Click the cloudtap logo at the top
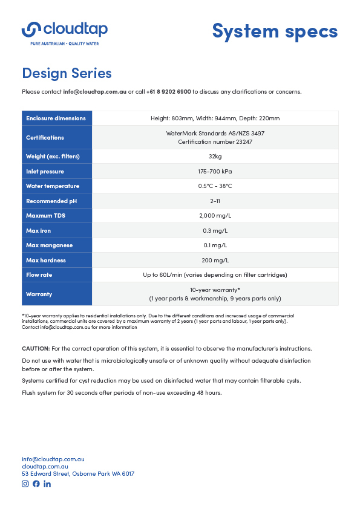pos(65,31)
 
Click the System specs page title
pos(275,30)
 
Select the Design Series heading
pos(67,73)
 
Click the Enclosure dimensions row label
pos(56,118)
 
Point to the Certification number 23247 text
pos(215,141)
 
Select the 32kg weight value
pos(215,157)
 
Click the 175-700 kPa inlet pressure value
pos(215,172)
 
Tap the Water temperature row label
pos(53,186)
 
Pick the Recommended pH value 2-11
pos(215,201)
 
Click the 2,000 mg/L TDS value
pos(215,216)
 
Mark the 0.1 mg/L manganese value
pos(215,245)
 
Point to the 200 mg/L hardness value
pos(215,260)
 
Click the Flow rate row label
pos(39,275)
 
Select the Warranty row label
pos(39,294)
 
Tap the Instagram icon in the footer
pos(25,484)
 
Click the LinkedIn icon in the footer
pos(47,484)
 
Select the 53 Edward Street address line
pos(78,474)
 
